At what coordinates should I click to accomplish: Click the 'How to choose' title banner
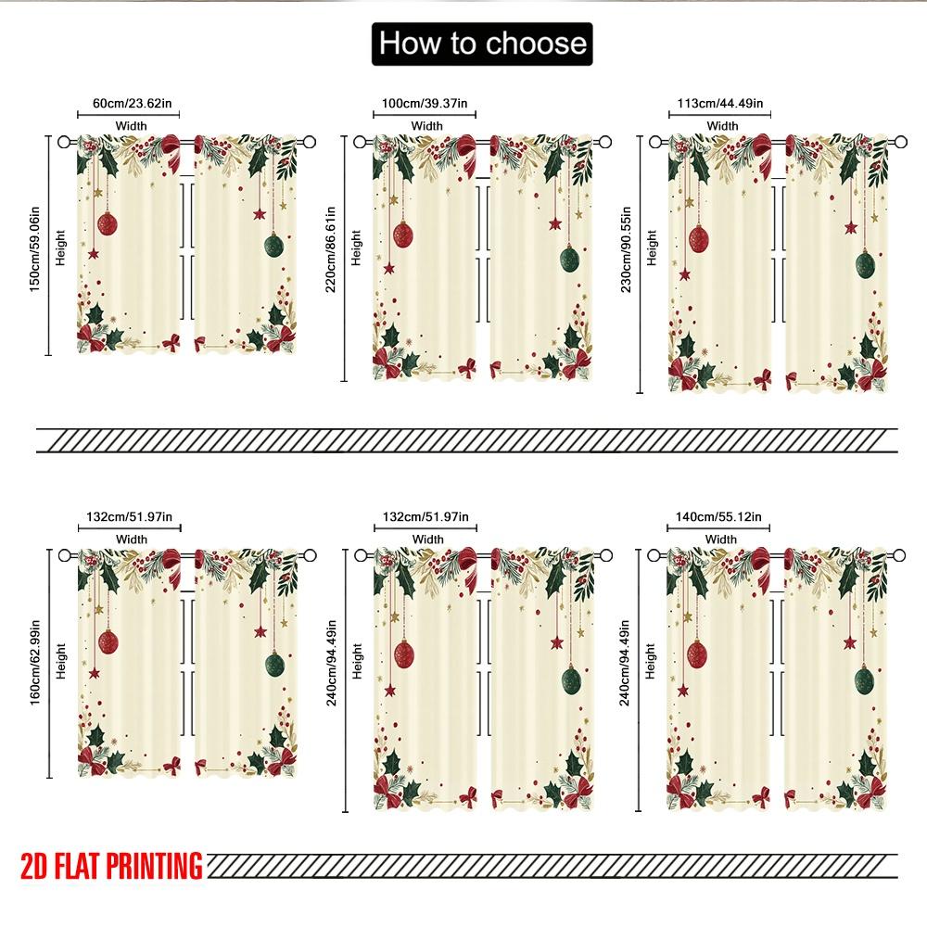480,44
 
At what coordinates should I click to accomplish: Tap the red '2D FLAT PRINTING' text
111,866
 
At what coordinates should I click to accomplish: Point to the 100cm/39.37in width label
425,104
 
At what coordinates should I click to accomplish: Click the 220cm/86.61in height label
331,250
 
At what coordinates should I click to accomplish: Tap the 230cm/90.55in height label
627,250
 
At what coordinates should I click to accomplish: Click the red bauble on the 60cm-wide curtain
108,223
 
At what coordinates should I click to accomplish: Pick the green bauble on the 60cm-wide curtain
273,246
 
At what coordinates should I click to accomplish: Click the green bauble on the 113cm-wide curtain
865,265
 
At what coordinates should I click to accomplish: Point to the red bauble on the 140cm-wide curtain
697,655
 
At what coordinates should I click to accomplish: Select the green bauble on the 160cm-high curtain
273,664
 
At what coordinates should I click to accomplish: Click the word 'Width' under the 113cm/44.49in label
722,126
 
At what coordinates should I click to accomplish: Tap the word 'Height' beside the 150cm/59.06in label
61,248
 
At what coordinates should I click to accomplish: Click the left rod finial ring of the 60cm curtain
64,142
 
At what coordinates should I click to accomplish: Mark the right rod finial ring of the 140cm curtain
899,554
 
